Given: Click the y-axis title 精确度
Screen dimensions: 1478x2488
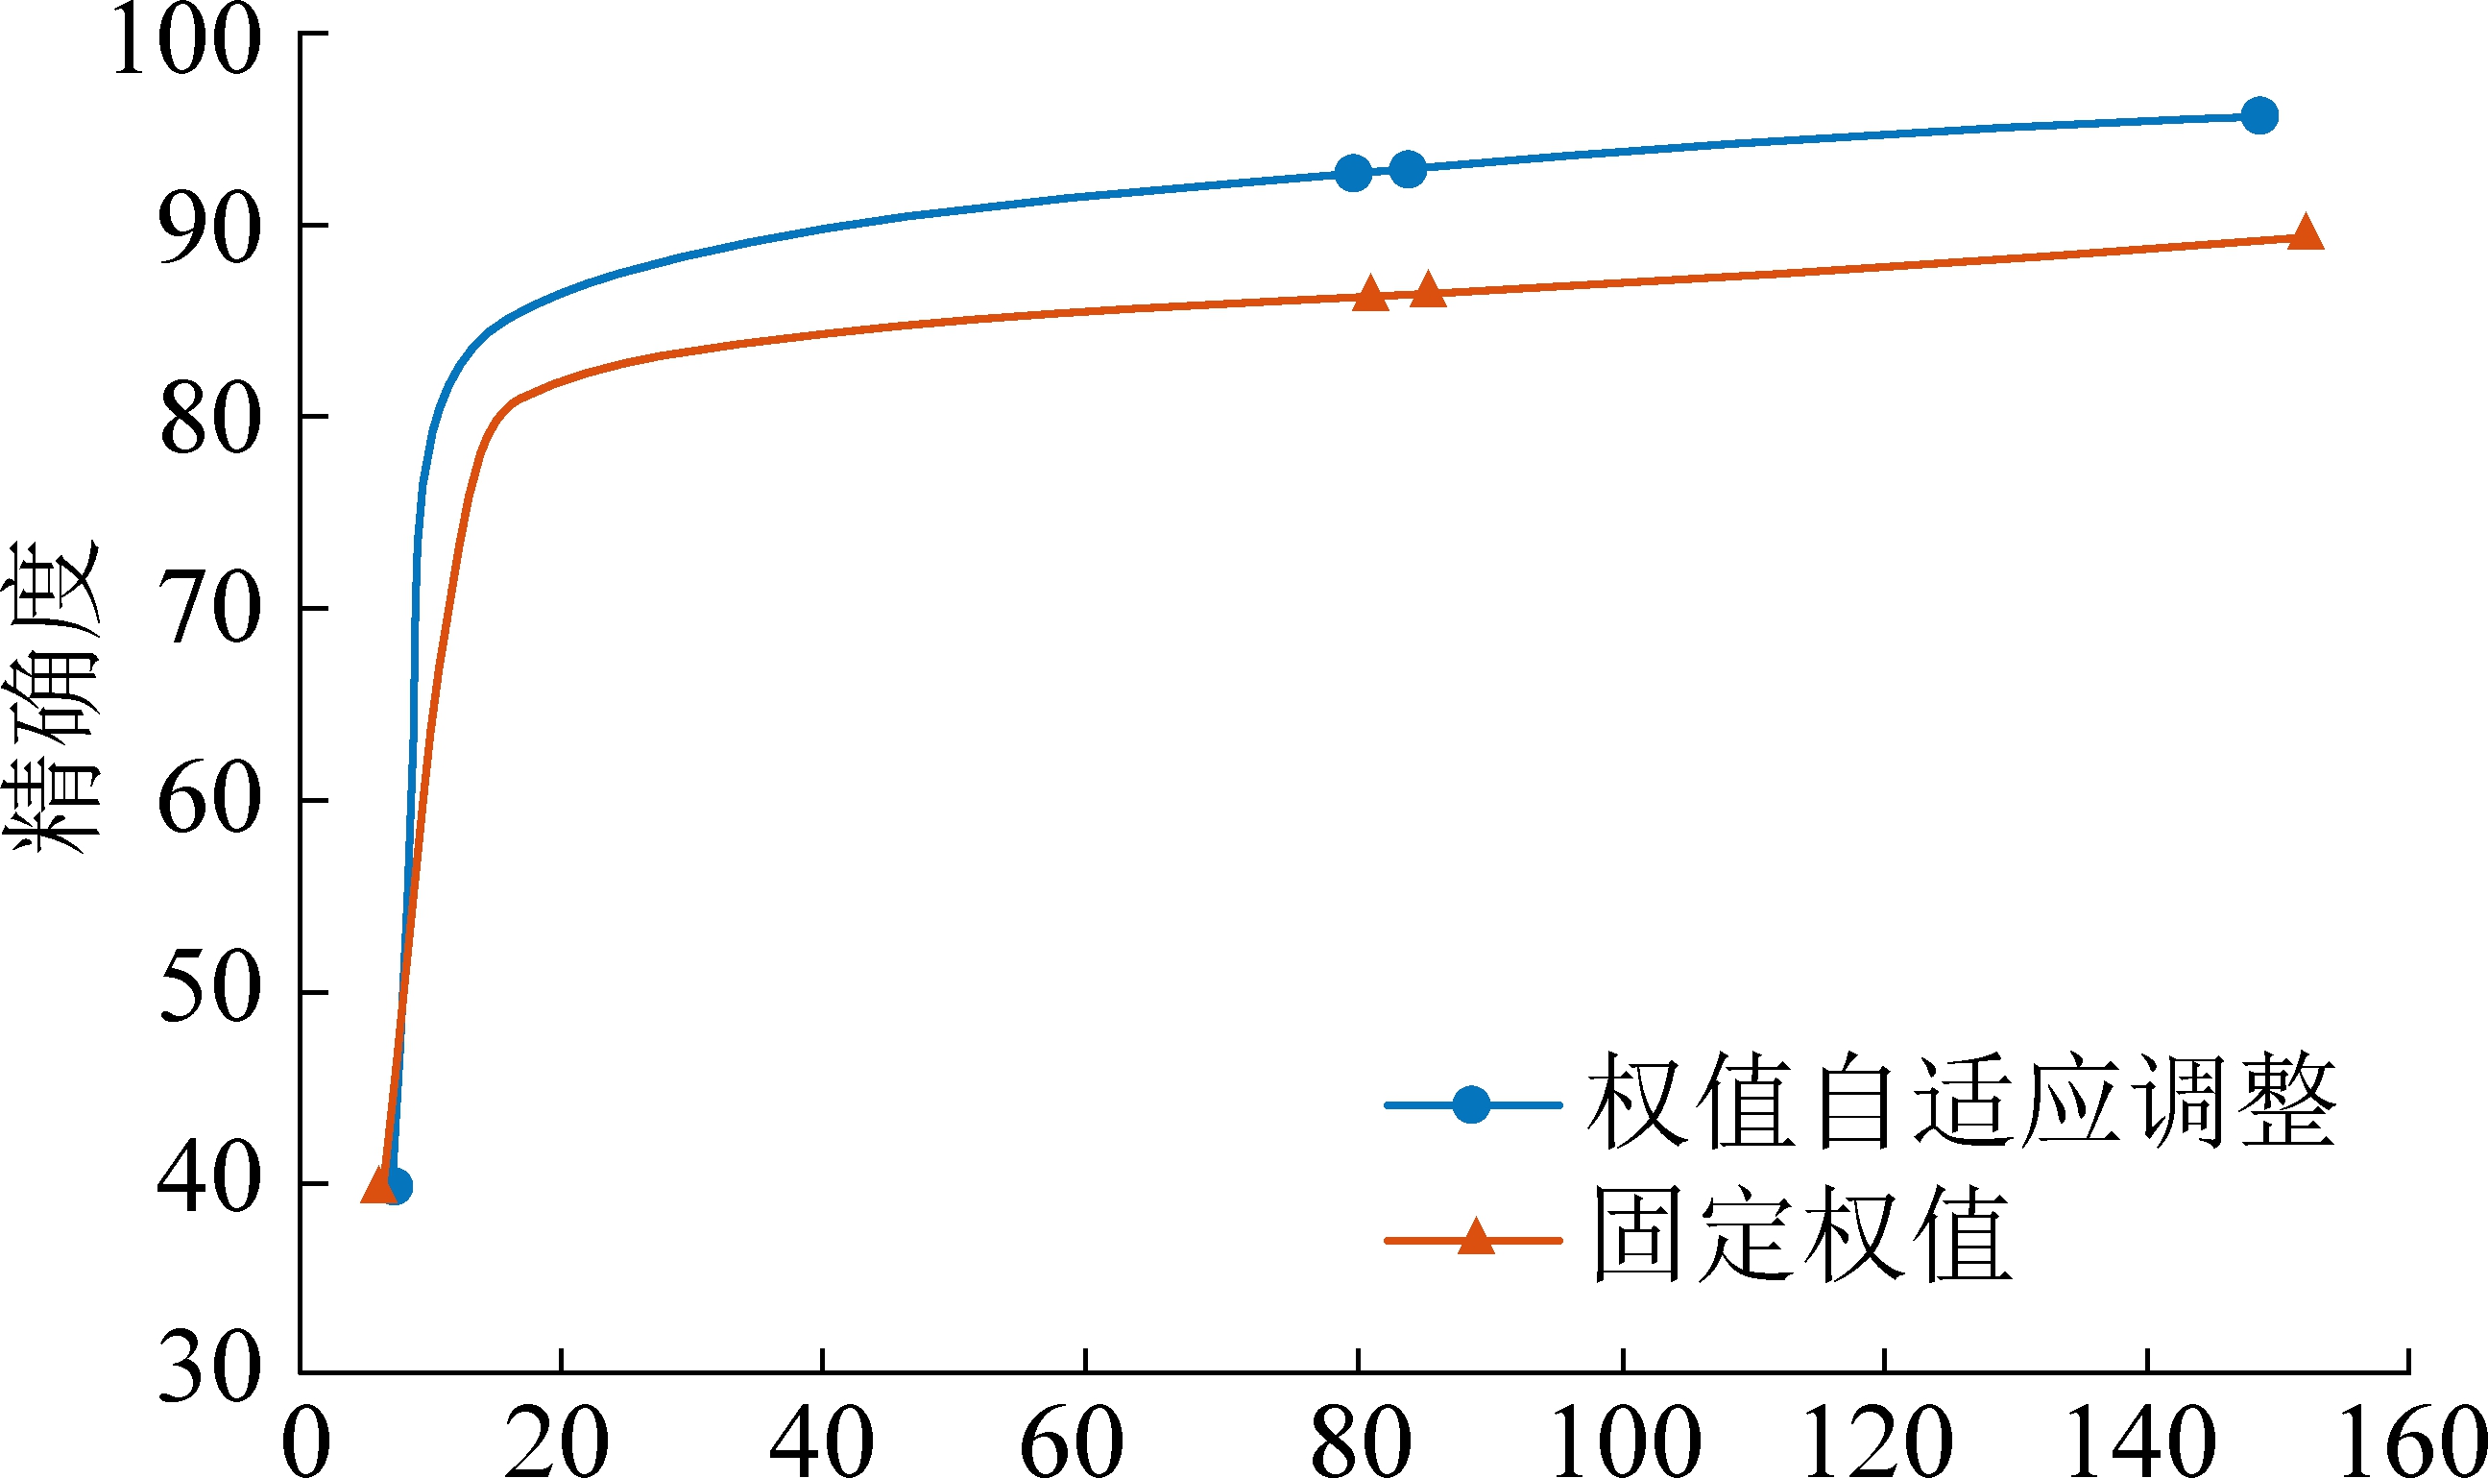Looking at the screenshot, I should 55,696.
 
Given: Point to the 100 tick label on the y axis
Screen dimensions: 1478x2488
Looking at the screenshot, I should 186,39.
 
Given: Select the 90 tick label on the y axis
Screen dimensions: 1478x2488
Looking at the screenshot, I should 209,230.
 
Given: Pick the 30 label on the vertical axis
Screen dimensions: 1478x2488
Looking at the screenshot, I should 209,1369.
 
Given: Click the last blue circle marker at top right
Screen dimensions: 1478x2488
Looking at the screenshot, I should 2259,115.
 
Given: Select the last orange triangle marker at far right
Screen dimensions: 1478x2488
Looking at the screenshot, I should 2306,233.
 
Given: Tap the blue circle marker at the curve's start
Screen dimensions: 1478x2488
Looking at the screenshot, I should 396,1186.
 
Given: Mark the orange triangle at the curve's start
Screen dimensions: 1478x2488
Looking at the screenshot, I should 379,1185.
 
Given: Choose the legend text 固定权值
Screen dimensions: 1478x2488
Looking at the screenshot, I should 1801,1235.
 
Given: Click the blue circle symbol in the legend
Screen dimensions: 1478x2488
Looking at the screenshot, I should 1470,1104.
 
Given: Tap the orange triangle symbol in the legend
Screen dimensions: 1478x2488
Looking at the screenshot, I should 1476,1238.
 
